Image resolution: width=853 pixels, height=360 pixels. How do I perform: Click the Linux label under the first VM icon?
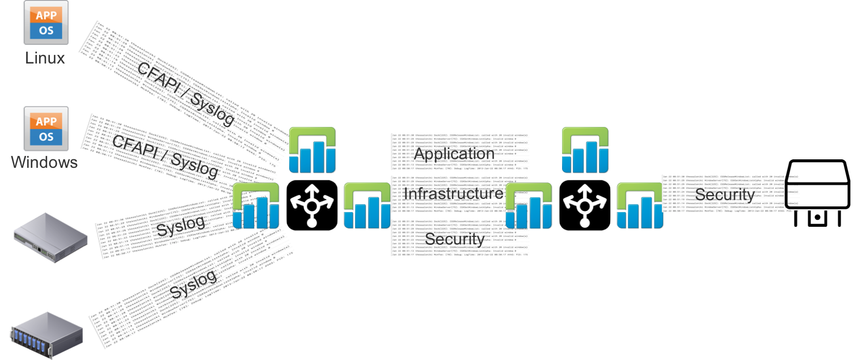click(x=45, y=58)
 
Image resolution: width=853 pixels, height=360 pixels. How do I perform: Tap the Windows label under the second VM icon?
click(x=44, y=163)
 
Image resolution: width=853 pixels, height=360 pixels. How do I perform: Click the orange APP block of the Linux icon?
click(x=46, y=15)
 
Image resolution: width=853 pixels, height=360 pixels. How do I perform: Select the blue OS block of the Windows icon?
click(x=46, y=137)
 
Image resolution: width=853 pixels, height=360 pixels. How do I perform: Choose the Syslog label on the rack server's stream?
click(x=193, y=284)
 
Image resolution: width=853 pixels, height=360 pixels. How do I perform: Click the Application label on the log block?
click(x=454, y=154)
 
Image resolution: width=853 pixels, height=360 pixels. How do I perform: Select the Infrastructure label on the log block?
click(x=453, y=194)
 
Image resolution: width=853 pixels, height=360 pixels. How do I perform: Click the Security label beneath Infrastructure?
click(x=454, y=239)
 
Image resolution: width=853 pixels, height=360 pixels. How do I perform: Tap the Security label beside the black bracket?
click(x=724, y=195)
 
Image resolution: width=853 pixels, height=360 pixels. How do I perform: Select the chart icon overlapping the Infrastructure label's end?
click(x=529, y=206)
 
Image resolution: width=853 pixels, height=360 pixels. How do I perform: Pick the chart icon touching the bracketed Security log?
click(x=640, y=206)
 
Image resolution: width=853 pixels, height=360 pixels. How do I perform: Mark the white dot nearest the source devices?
click(x=311, y=223)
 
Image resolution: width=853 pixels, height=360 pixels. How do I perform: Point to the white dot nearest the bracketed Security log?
click(x=585, y=223)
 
